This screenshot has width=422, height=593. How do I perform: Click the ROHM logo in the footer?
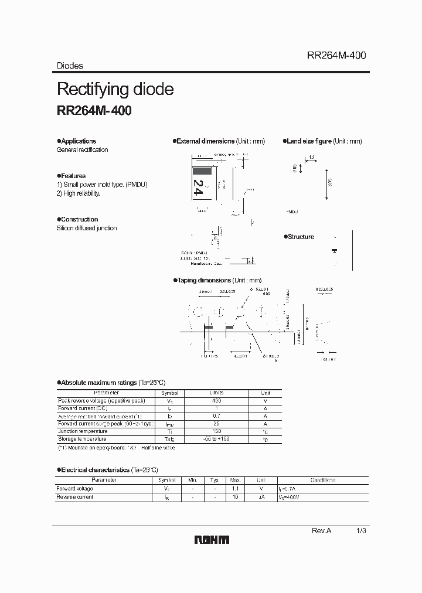tap(211, 540)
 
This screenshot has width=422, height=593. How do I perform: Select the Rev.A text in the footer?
tap(321, 530)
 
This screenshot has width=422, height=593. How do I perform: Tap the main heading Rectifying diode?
tap(115, 89)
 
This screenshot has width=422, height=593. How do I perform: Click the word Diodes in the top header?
tap(70, 66)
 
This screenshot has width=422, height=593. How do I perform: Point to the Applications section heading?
tap(78, 141)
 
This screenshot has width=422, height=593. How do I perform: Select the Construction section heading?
tap(79, 219)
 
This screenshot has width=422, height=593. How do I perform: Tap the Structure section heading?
tap(301, 237)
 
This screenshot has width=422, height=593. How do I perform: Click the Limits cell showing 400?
tap(216, 401)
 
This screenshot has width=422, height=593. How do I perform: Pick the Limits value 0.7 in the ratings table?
tap(216, 416)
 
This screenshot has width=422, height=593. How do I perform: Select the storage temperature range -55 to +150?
tap(216, 439)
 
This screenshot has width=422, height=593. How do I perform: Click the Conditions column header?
tap(322, 480)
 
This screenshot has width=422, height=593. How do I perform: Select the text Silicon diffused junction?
tap(87, 228)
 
